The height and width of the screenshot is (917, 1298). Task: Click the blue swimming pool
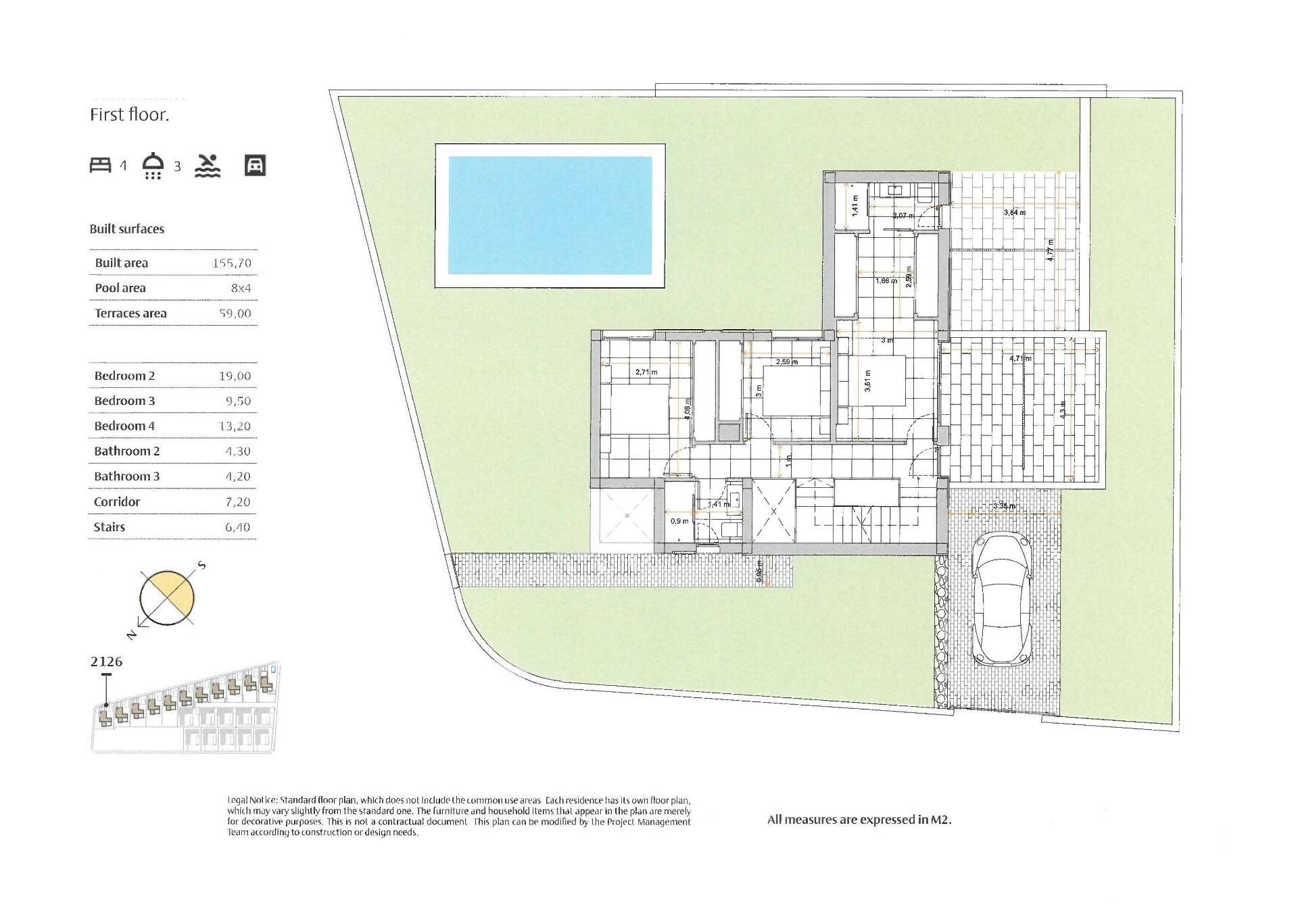pos(550,215)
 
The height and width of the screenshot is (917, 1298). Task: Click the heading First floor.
pos(129,115)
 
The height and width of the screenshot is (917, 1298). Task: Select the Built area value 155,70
pos(232,263)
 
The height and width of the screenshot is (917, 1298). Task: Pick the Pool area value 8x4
pos(241,288)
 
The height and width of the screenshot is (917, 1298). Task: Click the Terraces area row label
pos(130,313)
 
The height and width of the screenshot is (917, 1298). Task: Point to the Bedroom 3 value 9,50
pos(238,401)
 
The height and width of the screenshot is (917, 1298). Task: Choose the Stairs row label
pos(110,527)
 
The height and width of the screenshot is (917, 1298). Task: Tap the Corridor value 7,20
pos(238,501)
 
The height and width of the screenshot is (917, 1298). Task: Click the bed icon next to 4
pos(101,165)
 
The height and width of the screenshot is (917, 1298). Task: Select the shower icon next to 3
pos(153,165)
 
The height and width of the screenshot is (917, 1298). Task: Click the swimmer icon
pos(208,165)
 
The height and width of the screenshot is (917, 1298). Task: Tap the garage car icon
pos(255,165)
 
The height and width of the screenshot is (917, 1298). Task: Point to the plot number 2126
pos(106,662)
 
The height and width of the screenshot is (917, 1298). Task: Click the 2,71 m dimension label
pos(646,372)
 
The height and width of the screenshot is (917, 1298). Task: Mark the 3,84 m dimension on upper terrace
pos(1014,212)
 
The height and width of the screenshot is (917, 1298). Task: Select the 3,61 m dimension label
pos(867,380)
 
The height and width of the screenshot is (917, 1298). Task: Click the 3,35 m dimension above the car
pos(1004,505)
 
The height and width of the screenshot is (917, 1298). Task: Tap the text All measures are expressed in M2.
pos(859,820)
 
